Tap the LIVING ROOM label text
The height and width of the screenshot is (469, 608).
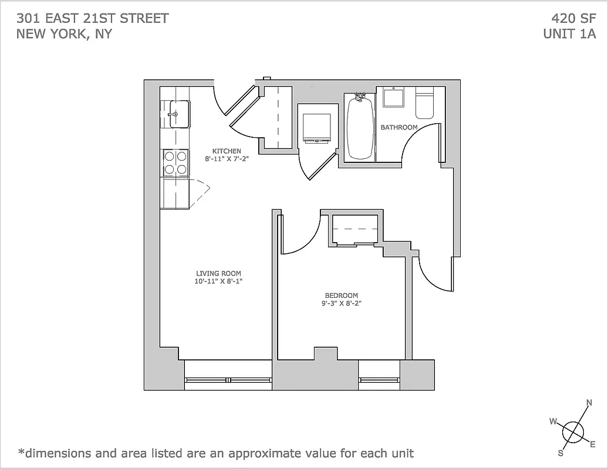[218, 273]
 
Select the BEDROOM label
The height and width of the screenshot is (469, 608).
[341, 295]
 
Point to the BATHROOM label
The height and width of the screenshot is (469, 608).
[399, 127]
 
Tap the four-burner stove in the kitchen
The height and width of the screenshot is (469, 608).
[175, 162]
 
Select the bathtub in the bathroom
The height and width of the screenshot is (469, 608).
[360, 127]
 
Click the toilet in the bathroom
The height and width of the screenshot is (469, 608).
[424, 104]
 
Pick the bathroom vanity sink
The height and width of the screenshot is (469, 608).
[393, 97]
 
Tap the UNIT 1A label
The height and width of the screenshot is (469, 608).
[569, 33]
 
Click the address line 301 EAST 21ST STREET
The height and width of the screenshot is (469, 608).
[93, 18]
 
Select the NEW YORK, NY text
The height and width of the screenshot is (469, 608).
[65, 33]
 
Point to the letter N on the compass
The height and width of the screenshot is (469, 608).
[589, 403]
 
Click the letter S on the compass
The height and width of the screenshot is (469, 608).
[560, 453]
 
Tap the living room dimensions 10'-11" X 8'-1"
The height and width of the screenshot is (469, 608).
[218, 281]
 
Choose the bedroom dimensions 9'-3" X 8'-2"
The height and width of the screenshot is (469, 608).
[341, 304]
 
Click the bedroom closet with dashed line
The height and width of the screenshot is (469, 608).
[356, 229]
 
